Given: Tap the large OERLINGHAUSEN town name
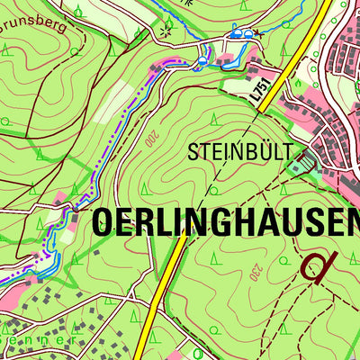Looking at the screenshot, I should pyautogui.click(x=225, y=220).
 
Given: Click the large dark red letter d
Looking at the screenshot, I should pyautogui.click(x=318, y=267).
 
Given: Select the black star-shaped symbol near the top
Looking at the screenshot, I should pyautogui.click(x=165, y=33).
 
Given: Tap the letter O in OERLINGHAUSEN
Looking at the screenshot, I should pyautogui.click(x=104, y=220).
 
